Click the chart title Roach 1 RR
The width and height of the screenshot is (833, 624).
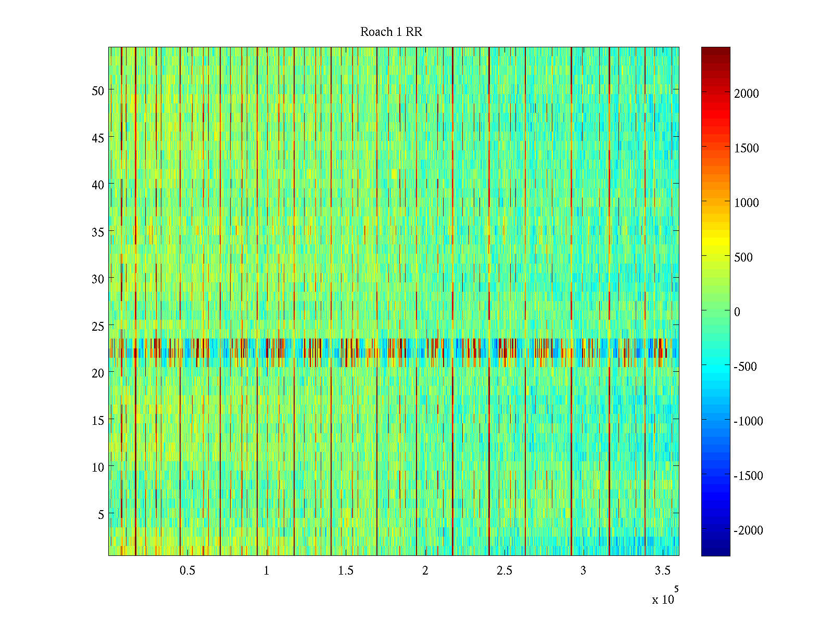(x=391, y=32)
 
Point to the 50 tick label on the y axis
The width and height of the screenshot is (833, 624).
(x=98, y=90)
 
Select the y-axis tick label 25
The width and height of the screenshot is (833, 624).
(x=98, y=326)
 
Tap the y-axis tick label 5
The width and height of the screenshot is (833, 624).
(x=101, y=514)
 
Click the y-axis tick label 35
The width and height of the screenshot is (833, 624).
(x=98, y=232)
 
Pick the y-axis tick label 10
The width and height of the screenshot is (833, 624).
(x=98, y=467)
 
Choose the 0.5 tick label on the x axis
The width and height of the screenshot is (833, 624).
(x=187, y=571)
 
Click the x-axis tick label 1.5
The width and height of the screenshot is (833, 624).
(x=346, y=571)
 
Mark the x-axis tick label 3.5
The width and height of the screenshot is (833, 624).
(x=662, y=571)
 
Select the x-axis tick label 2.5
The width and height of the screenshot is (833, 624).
(x=504, y=571)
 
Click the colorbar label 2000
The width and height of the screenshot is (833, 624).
(x=747, y=94)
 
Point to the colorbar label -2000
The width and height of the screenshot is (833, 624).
(x=748, y=530)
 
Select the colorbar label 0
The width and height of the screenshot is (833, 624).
(x=737, y=312)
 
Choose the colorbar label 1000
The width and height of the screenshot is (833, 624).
(x=747, y=203)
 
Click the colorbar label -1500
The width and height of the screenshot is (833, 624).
(x=748, y=476)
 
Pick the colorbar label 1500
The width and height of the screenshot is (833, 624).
(x=747, y=148)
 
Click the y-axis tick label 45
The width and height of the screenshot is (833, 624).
(x=98, y=138)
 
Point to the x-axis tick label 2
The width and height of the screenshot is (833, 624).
(x=425, y=571)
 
